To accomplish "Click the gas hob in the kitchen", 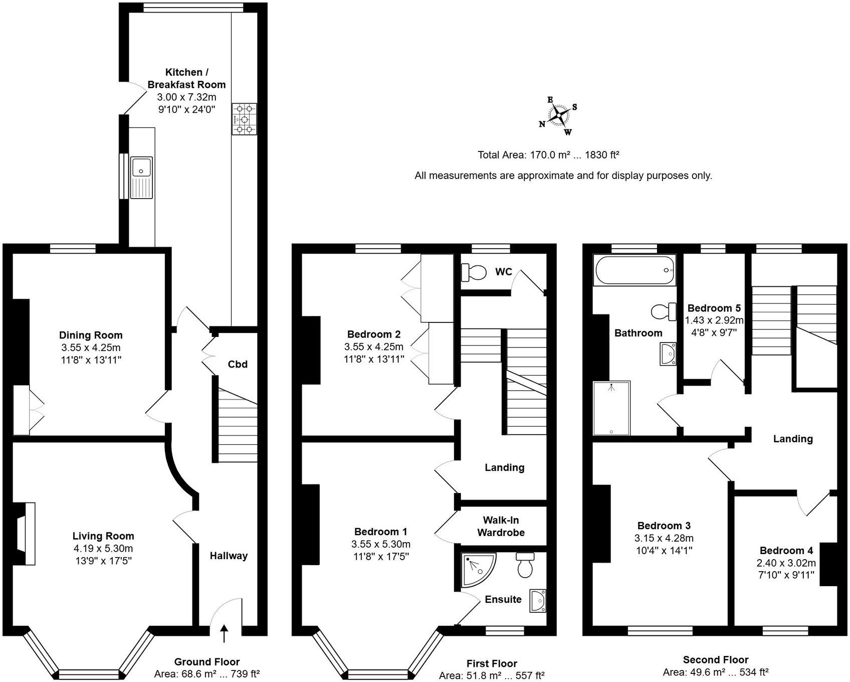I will pos(244,119).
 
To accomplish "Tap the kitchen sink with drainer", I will pos(141,178).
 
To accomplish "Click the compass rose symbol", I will pos(558,116).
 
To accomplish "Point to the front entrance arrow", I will pos(224,633).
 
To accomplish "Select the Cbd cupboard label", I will pos(238,364).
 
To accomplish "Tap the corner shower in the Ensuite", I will pos(477,569).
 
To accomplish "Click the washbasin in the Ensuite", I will pos(538,600).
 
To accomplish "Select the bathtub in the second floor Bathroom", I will pos(634,270).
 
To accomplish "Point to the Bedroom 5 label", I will pos(714,308).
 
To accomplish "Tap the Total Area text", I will pos(548,155).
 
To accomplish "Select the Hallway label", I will pos(229,556).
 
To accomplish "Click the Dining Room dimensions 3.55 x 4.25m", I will pos(91,348).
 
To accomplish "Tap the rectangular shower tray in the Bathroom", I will pos(611,408).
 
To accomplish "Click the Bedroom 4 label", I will pos(786,550).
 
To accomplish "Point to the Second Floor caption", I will pos(715,659).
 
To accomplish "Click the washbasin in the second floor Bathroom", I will pos(668,354).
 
